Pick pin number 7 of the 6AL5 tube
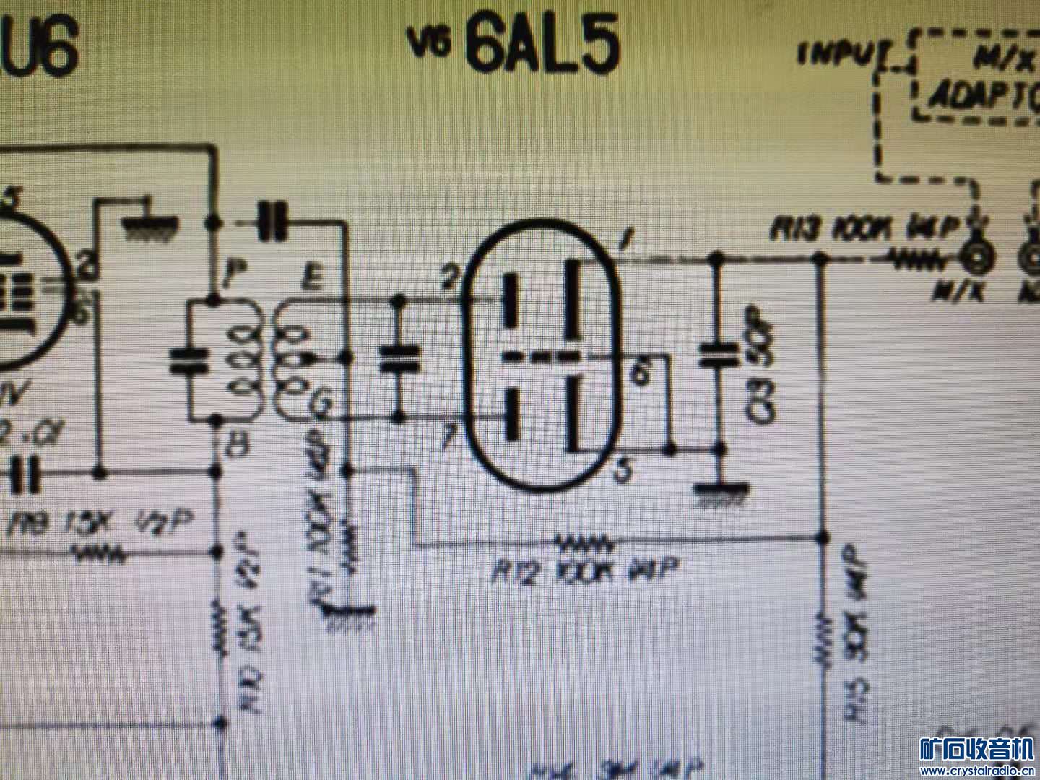click(449, 436)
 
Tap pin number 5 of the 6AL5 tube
click(623, 472)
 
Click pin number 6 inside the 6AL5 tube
click(638, 373)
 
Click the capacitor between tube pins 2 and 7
click(398, 357)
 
